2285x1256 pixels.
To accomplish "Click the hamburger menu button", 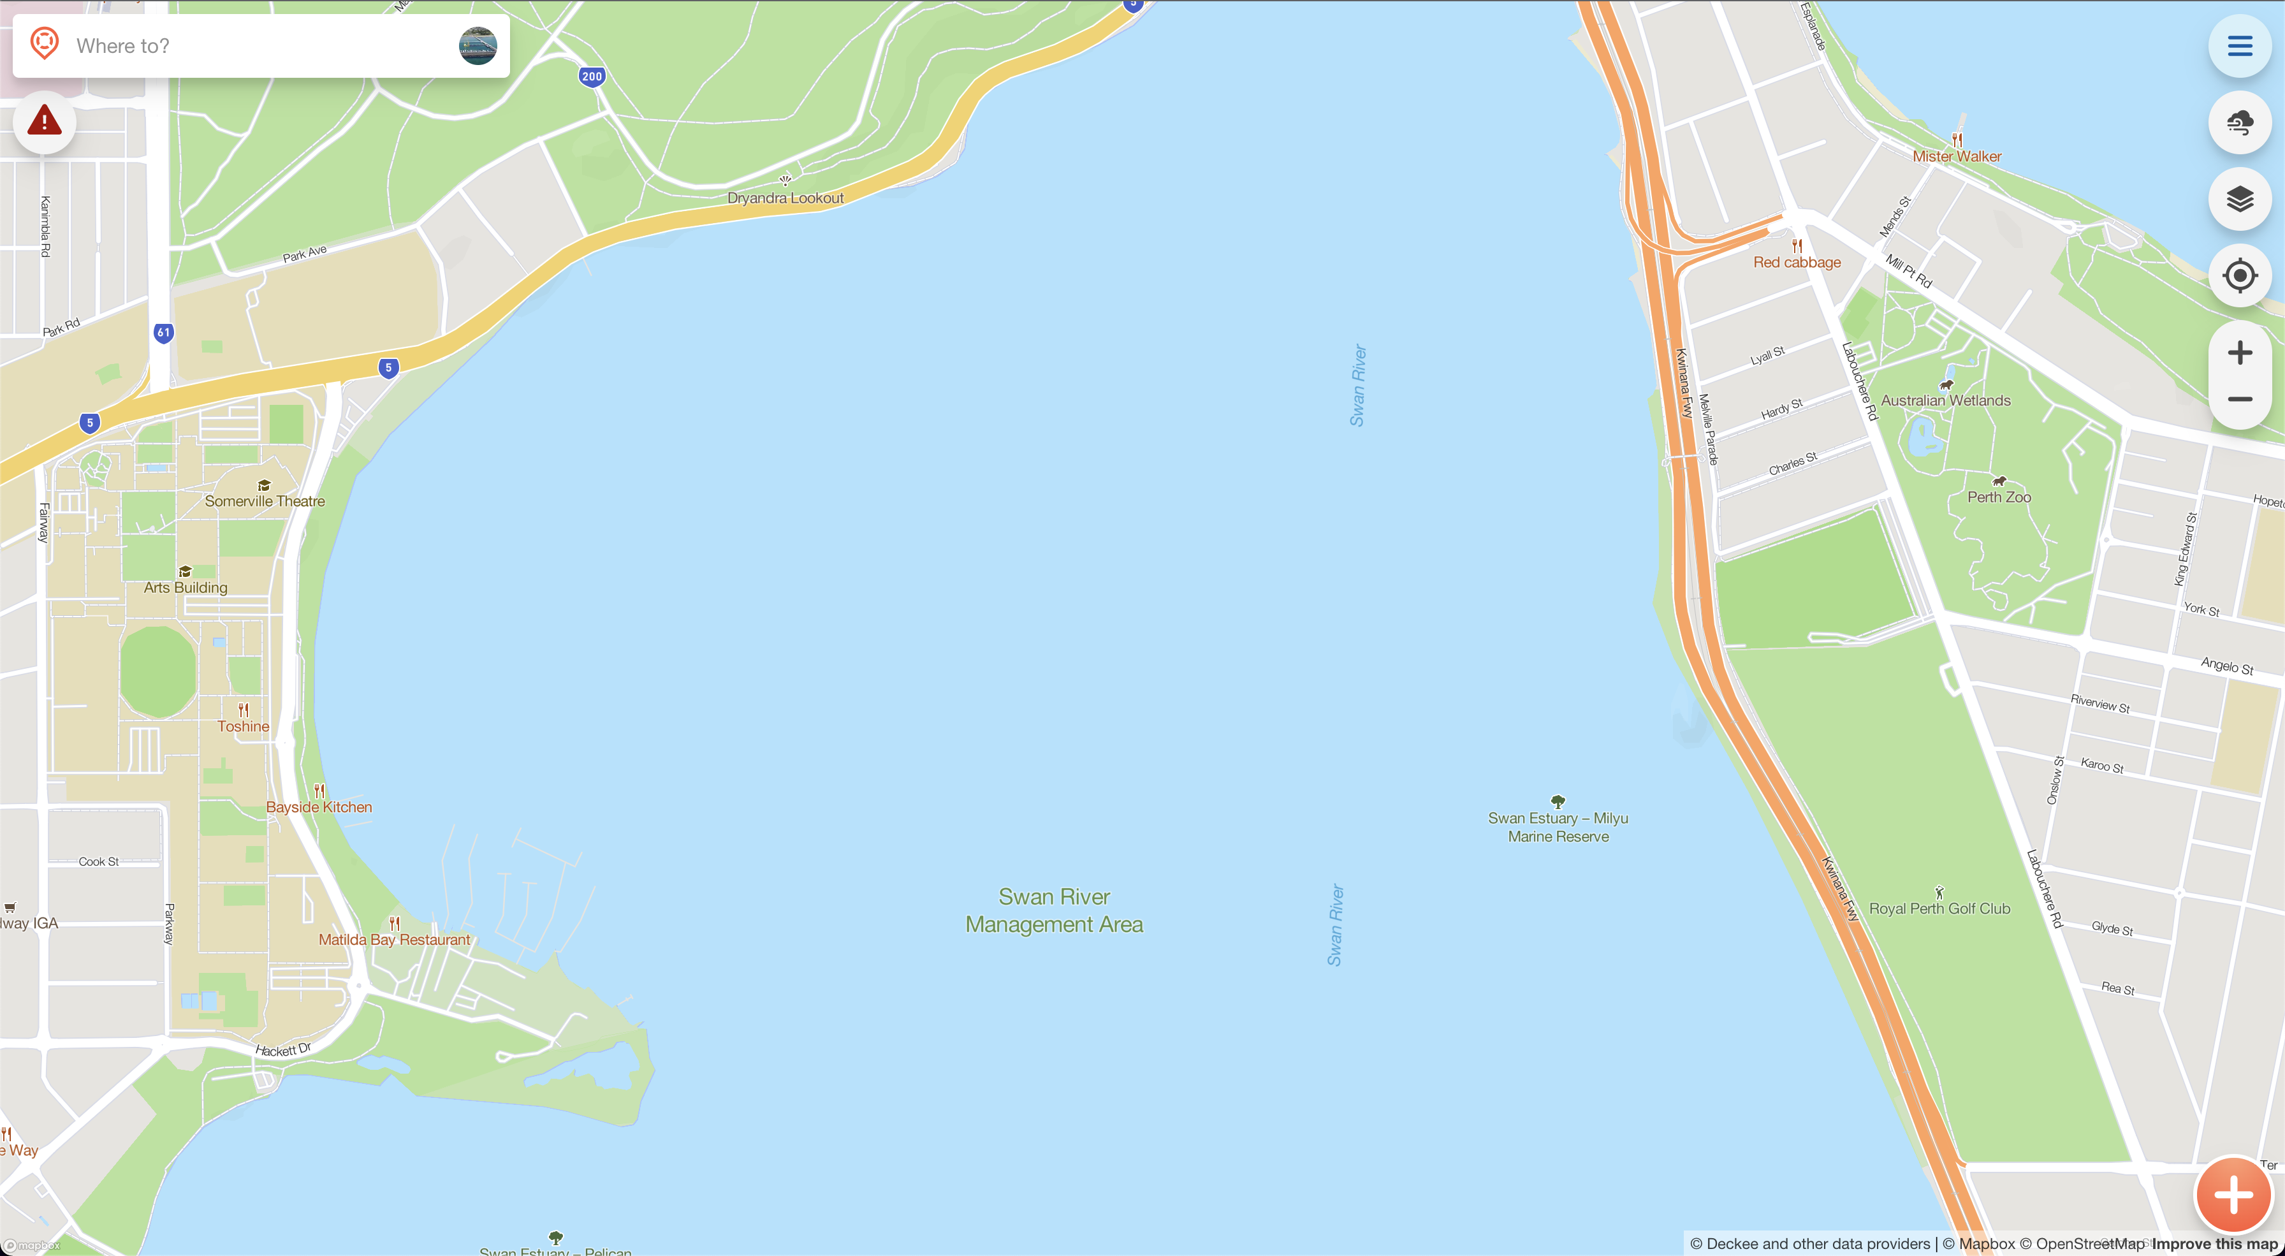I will (x=2239, y=46).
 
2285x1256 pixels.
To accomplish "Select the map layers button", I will (x=2239, y=199).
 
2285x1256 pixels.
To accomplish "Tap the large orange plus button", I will (x=2233, y=1195).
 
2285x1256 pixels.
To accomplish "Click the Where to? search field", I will (x=257, y=46).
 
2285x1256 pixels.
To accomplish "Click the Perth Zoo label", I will (x=1999, y=497).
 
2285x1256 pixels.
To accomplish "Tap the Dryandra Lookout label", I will (x=785, y=198).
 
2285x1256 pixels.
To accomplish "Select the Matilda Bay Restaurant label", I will (x=395, y=939).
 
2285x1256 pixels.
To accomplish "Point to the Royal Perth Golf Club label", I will (x=1939, y=909).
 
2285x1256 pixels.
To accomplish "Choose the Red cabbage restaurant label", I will (x=1796, y=263).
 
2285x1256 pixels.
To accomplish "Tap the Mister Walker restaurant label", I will (x=1956, y=156).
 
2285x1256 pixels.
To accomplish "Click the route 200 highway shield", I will (x=592, y=77).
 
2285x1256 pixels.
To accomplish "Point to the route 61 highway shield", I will (x=163, y=333).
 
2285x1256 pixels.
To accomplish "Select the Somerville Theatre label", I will (x=265, y=501).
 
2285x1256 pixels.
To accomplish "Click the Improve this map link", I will (x=2214, y=1244).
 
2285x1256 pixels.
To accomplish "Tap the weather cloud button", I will (x=2239, y=122).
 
